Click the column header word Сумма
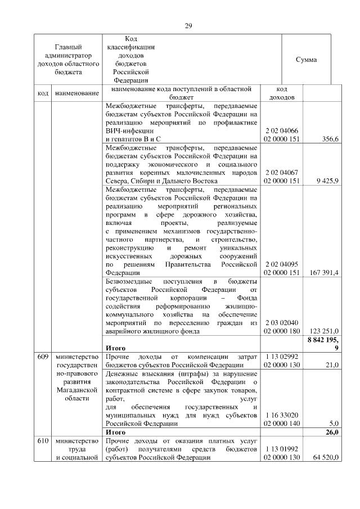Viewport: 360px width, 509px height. point(306,60)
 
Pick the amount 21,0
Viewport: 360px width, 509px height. point(330,365)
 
